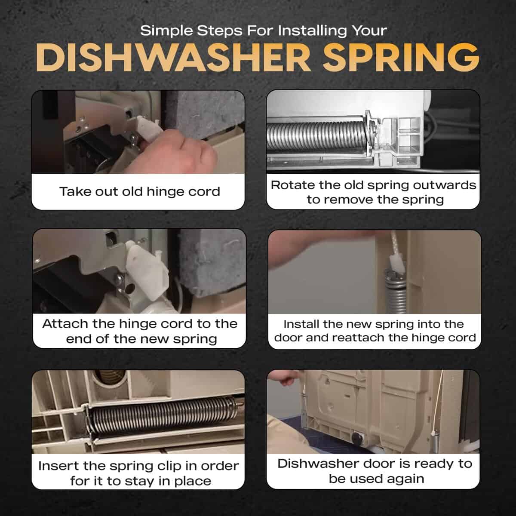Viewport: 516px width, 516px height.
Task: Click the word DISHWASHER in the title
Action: pos(173,57)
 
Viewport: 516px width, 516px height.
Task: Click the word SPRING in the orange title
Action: pos(401,57)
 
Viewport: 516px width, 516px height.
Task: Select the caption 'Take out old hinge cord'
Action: pos(139,192)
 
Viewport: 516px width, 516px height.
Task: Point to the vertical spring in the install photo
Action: pos(395,292)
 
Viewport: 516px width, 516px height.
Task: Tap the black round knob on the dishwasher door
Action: pos(357,438)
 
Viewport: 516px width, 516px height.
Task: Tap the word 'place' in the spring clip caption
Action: pos(193,481)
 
